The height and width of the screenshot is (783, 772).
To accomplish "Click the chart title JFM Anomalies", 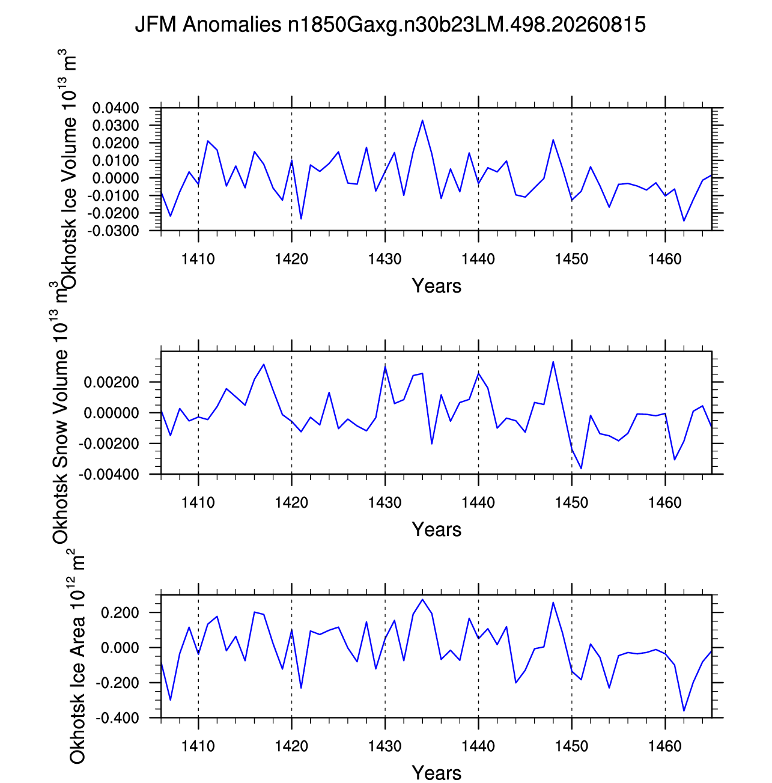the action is pyautogui.click(x=208, y=25).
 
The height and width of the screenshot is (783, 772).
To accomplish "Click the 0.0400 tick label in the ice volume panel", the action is pyautogui.click(x=116, y=108).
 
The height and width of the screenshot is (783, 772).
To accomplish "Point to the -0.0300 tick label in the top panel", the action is pyautogui.click(x=113, y=231).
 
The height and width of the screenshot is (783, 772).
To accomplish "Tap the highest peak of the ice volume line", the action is pyautogui.click(x=422, y=120).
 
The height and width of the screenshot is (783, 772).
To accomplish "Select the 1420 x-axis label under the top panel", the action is pyautogui.click(x=292, y=259).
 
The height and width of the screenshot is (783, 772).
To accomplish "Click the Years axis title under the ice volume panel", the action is pyautogui.click(x=436, y=285).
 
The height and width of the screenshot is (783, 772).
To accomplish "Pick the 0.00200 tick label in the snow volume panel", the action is pyautogui.click(x=111, y=382).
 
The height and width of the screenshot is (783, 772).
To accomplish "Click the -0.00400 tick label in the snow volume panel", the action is pyautogui.click(x=109, y=474).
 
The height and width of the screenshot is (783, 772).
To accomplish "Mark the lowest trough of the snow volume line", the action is pyautogui.click(x=582, y=469).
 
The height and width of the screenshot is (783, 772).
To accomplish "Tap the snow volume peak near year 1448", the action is pyautogui.click(x=553, y=362).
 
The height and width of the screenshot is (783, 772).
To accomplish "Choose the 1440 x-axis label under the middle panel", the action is pyautogui.click(x=478, y=502).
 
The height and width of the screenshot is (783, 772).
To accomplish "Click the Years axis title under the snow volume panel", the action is pyautogui.click(x=436, y=529).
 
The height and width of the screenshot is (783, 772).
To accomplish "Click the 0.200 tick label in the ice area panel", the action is pyautogui.click(x=120, y=612).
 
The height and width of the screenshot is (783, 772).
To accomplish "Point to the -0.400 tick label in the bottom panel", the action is pyautogui.click(x=117, y=718).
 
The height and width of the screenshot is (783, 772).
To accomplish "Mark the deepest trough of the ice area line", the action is pyautogui.click(x=684, y=711).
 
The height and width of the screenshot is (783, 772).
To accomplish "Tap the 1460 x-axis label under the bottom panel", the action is pyautogui.click(x=664, y=746).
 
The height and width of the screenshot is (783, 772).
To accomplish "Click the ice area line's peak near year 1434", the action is pyautogui.click(x=422, y=599).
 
